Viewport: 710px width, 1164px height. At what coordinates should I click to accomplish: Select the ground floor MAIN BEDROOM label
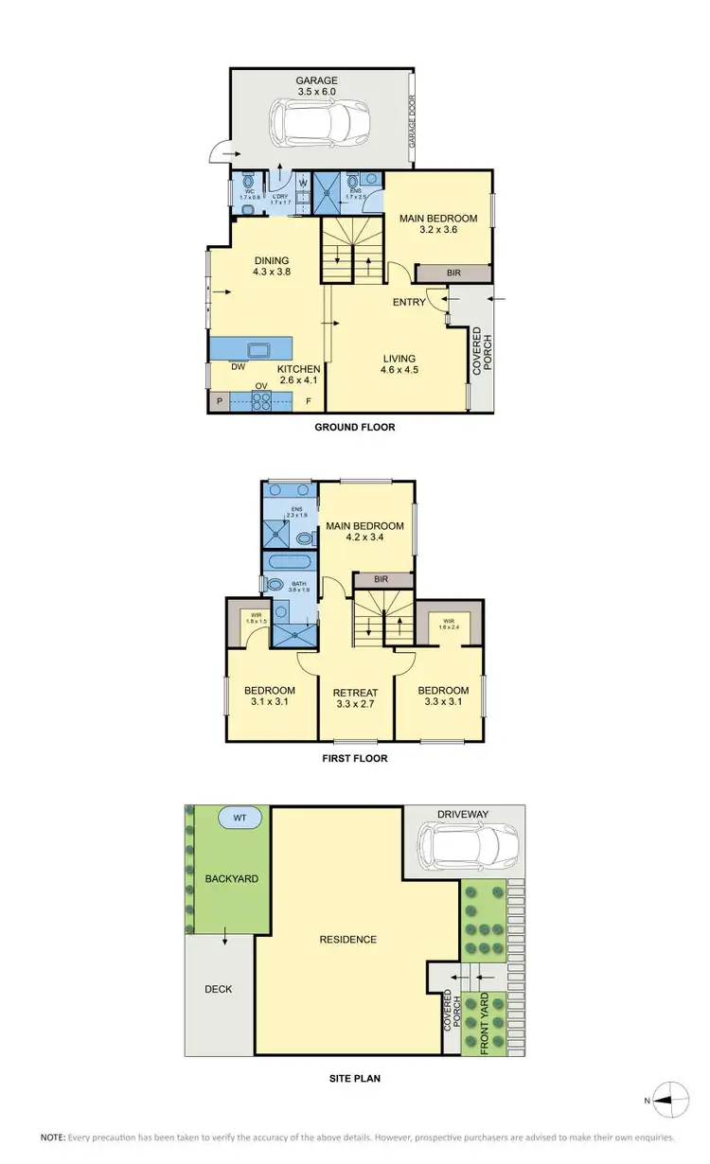[437, 224]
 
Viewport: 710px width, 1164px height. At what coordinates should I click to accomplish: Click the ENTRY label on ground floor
[409, 303]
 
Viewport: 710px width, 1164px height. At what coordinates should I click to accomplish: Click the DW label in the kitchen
[239, 367]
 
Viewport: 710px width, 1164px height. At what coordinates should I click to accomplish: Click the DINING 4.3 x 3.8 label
[271, 267]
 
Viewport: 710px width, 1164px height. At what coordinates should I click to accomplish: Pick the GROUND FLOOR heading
[354, 428]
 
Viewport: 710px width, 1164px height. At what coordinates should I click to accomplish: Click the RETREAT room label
[355, 697]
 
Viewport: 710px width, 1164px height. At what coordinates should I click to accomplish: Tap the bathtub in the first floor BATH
[292, 561]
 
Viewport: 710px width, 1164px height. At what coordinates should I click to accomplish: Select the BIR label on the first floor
[383, 579]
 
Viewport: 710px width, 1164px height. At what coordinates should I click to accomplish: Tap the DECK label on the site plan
[218, 989]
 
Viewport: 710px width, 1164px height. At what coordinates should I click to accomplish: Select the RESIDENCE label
[347, 940]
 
